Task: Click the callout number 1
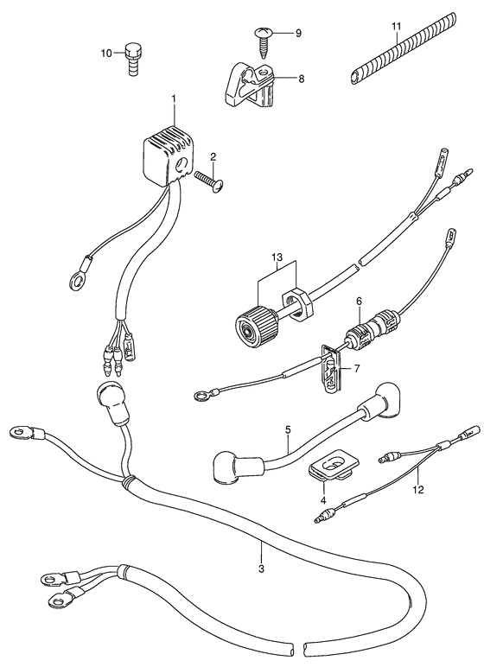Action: [x=173, y=98]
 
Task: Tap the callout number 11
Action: [x=397, y=27]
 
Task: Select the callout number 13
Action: [x=277, y=257]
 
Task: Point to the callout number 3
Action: [x=261, y=569]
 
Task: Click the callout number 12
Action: [x=418, y=490]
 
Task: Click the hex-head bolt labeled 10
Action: [x=134, y=60]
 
